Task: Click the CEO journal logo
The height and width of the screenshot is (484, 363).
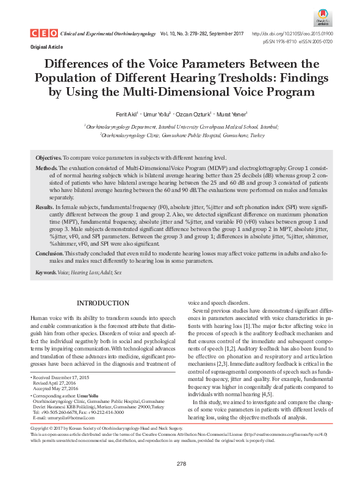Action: pyautogui.click(x=41, y=34)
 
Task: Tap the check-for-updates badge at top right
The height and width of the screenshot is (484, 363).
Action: pyautogui.click(x=323, y=18)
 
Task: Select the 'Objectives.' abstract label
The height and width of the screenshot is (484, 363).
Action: pyautogui.click(x=49, y=157)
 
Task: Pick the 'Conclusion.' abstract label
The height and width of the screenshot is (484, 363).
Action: pyautogui.click(x=49, y=253)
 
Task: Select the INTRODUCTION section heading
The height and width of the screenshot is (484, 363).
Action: pyautogui.click(x=102, y=303)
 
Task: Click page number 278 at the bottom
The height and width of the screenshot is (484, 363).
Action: pyautogui.click(x=181, y=464)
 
